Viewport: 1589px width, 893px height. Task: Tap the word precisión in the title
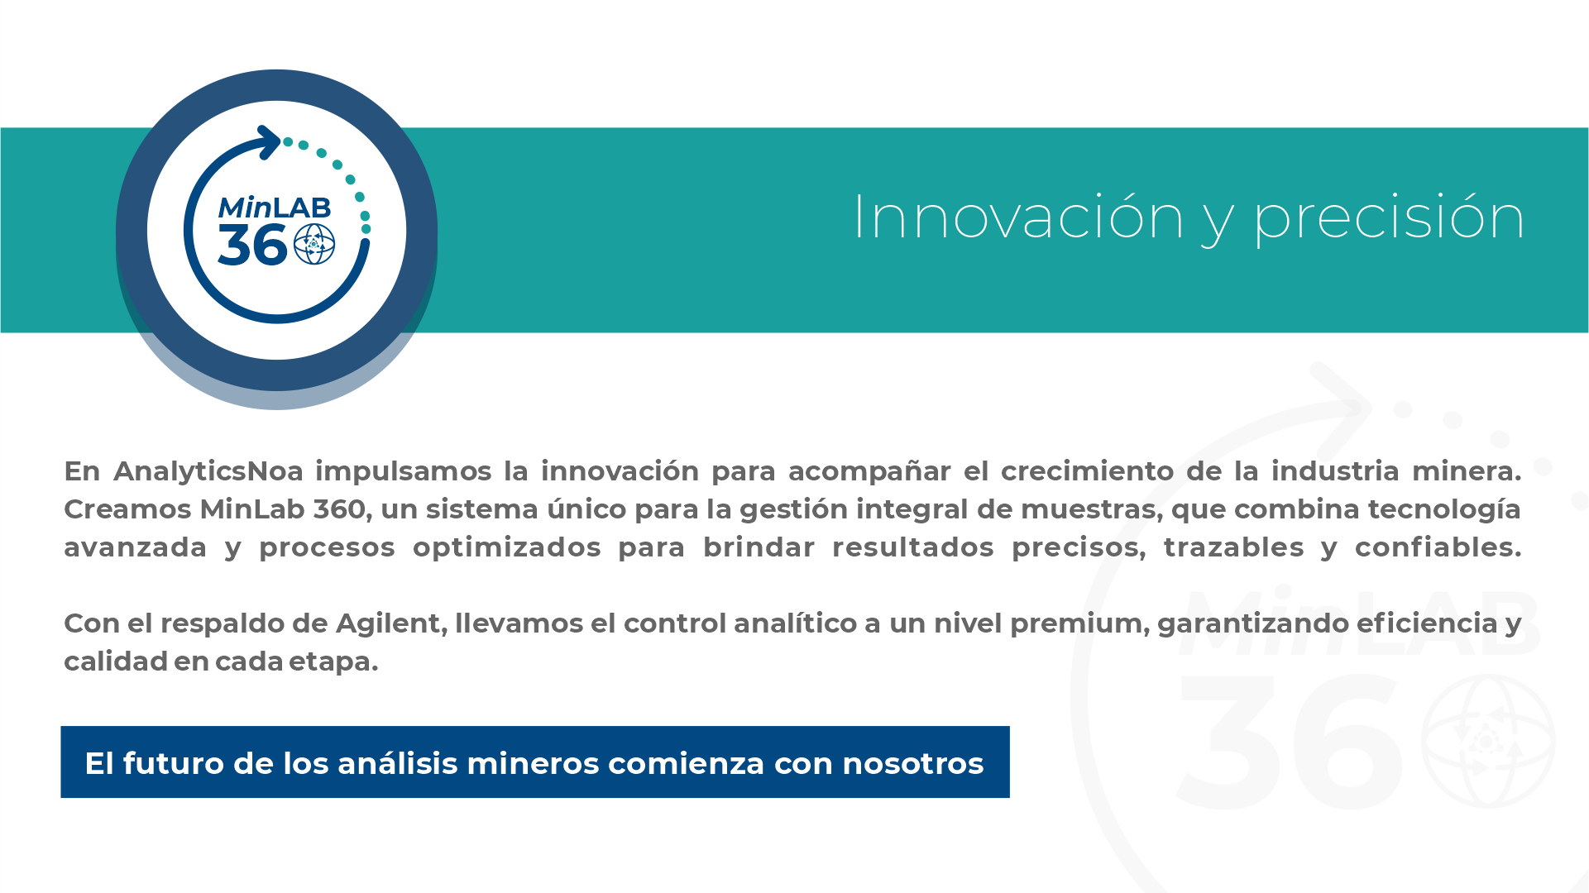click(x=1390, y=219)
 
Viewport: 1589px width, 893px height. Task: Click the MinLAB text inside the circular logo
click(x=275, y=208)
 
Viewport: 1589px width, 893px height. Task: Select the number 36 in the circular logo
click(x=253, y=246)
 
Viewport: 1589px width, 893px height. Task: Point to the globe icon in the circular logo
click(x=314, y=244)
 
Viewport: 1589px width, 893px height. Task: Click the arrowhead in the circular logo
click(x=269, y=142)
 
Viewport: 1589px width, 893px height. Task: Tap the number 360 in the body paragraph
click(x=340, y=509)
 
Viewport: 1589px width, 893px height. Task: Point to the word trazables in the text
click(x=1233, y=547)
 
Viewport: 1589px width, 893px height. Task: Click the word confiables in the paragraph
click(x=1438, y=547)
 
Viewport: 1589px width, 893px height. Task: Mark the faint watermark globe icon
click(x=1487, y=741)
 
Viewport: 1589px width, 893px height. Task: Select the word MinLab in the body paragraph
click(x=252, y=509)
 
